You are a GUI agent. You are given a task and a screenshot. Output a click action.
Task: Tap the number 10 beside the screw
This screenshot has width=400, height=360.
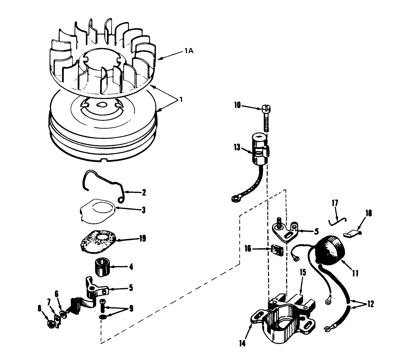tap(237, 106)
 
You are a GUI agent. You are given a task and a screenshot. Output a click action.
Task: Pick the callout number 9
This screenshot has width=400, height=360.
tap(131, 309)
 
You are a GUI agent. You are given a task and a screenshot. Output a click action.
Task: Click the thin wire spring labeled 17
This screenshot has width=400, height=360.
tap(337, 221)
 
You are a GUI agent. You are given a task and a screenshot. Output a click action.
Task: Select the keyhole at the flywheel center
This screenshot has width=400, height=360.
tap(101, 104)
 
